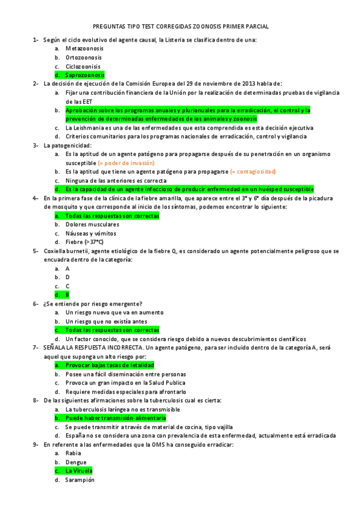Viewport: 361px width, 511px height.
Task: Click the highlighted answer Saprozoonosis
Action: pos(84,75)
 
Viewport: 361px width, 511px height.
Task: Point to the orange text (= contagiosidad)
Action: pos(253,172)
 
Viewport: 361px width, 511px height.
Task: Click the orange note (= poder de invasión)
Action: pos(125,163)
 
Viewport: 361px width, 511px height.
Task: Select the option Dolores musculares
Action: pos(92,224)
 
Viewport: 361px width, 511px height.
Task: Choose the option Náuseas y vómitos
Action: pos(91,233)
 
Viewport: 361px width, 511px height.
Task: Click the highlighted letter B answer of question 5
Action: pos(67,295)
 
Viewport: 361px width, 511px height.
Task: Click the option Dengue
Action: pos(76,462)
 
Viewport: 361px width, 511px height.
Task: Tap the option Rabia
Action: pos(73,453)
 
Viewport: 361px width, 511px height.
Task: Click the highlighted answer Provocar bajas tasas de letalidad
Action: pos(110,365)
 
